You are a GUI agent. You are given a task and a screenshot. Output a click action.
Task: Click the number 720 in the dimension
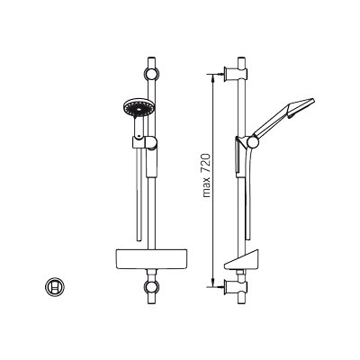pyautogui.click(x=207, y=164)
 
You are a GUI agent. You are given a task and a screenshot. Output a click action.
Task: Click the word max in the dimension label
pyautogui.click(x=207, y=187)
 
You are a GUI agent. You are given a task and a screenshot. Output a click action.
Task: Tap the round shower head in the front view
pyautogui.click(x=138, y=108)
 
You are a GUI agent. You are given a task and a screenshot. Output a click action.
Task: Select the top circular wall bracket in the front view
pyautogui.click(x=152, y=74)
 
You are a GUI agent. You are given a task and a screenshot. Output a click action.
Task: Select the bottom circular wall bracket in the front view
pyautogui.click(x=152, y=287)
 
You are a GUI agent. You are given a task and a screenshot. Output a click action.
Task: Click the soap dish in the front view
pyautogui.click(x=151, y=258)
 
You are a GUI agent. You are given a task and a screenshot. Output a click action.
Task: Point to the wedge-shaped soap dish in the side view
pyautogui.click(x=241, y=259)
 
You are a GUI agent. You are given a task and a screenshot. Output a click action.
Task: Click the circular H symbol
pyautogui.click(x=55, y=287)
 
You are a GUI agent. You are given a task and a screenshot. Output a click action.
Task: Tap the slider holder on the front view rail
pyautogui.click(x=144, y=142)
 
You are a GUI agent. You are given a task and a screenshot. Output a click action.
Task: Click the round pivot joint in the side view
pyautogui.click(x=253, y=142)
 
